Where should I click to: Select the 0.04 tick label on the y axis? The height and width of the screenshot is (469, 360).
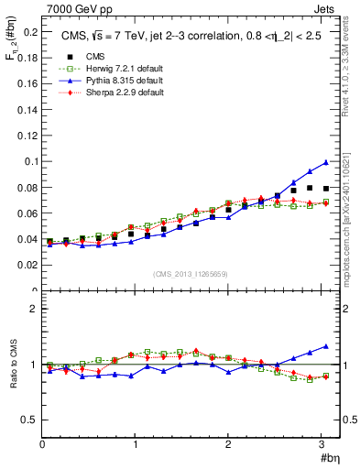[27, 239]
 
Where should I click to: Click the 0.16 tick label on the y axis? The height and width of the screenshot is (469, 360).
[27, 83]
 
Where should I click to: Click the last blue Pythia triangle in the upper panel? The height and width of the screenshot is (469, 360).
[325, 163]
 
